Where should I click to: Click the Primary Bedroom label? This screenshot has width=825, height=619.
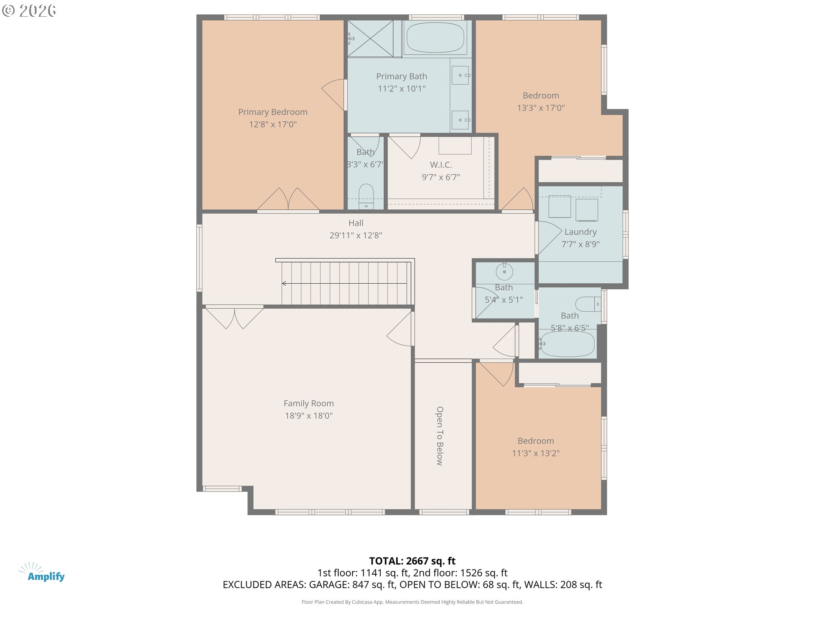(x=273, y=112)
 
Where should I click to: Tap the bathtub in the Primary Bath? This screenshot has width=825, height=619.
(x=435, y=37)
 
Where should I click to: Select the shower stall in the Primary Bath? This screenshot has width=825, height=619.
(x=370, y=38)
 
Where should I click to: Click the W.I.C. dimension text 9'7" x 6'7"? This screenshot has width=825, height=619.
(x=441, y=177)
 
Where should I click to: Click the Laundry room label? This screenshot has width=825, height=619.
(x=581, y=232)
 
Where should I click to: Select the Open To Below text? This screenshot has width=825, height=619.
(x=440, y=436)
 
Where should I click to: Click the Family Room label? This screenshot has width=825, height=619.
(x=309, y=404)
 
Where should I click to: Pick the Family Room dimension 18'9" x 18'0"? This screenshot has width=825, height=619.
(x=309, y=416)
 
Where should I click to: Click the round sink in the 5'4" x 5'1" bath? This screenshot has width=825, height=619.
(x=504, y=272)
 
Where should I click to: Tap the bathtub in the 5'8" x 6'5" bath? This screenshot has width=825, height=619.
(x=567, y=343)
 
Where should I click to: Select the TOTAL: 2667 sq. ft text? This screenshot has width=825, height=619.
(x=412, y=561)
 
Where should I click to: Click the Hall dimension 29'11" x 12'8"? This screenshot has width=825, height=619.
(x=356, y=236)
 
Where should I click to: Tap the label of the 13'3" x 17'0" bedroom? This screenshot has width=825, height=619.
(x=541, y=96)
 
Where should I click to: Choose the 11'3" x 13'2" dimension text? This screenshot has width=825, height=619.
(x=536, y=453)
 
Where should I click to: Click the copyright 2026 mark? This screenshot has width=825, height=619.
(x=29, y=10)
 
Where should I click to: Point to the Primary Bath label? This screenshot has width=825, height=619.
(x=402, y=77)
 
